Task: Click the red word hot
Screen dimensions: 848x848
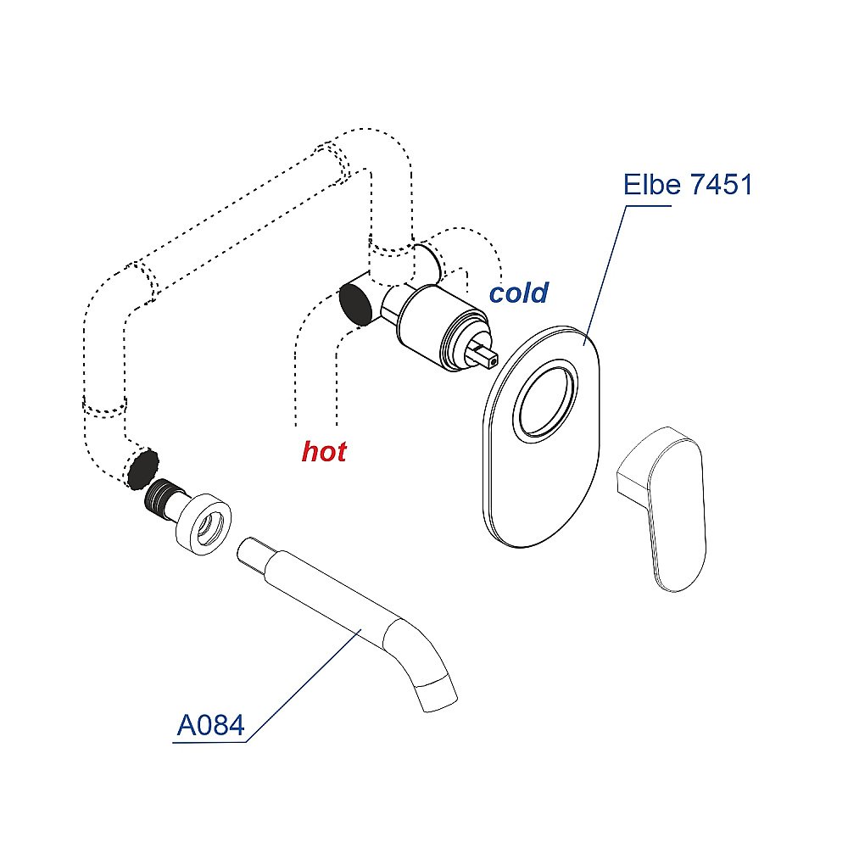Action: pyautogui.click(x=324, y=452)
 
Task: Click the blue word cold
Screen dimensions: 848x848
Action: pyautogui.click(x=519, y=293)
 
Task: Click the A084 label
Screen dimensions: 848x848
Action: pyautogui.click(x=210, y=726)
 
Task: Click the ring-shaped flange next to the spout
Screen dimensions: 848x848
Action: pyautogui.click(x=204, y=527)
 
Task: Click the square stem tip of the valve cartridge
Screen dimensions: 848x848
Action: pyautogui.click(x=487, y=354)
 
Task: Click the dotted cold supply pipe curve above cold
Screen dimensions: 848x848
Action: pyautogui.click(x=475, y=237)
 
